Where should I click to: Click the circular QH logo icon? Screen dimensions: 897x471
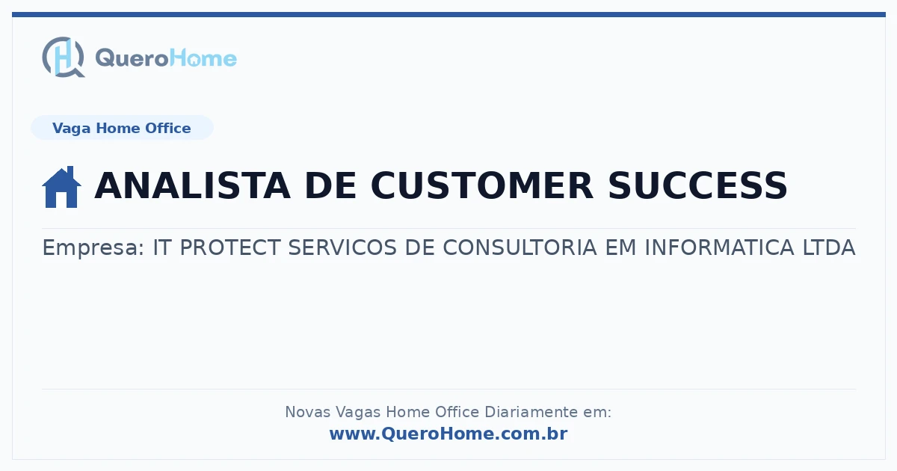pos(64,57)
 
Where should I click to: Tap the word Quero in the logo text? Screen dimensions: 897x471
pos(132,58)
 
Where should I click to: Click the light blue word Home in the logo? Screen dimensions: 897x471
pos(203,58)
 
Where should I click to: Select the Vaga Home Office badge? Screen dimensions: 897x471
pos(122,128)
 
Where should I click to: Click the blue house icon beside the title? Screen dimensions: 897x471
pos(61,187)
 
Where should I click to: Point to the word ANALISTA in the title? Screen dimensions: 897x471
pos(192,185)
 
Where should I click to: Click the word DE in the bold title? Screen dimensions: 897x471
pos(330,185)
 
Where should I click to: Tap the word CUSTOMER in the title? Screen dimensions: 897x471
pos(481,185)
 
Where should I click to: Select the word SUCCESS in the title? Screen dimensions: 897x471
pos(697,185)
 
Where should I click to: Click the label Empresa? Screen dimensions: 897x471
pos(93,247)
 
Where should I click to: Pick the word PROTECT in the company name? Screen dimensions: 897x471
pos(230,247)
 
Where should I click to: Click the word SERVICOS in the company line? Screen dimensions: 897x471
pos(342,247)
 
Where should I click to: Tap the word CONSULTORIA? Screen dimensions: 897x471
pos(520,247)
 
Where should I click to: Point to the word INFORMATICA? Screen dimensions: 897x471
pos(719,247)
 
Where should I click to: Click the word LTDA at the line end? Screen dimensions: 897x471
pos(829,247)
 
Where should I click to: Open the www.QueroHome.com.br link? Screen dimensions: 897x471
pos(448,434)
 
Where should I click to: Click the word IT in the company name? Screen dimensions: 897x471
pos(162,247)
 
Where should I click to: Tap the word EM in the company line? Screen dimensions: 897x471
pos(620,247)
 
